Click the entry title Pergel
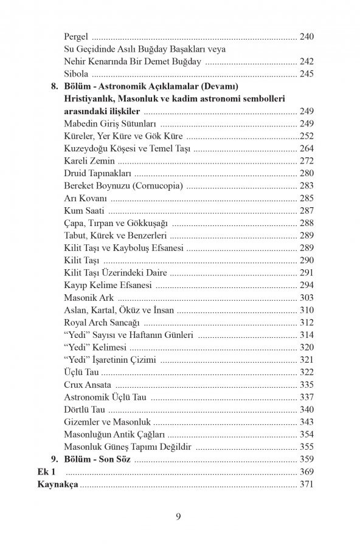point(77,36)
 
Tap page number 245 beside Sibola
point(306,74)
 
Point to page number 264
point(306,149)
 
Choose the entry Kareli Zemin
point(89,161)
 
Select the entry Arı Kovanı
point(85,198)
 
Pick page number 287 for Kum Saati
point(306,211)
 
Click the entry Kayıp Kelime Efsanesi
point(107,285)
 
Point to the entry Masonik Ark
point(89,298)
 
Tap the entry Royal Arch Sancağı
point(102,323)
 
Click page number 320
point(306,347)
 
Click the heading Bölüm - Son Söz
point(97,459)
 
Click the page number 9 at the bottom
point(179,517)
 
